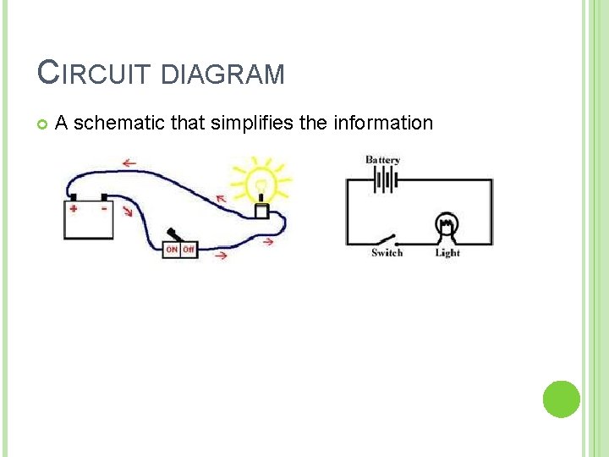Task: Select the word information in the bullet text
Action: [x=382, y=124]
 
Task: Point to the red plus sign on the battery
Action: [x=74, y=208]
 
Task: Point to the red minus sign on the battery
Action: [x=103, y=207]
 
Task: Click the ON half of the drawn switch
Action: [x=172, y=250]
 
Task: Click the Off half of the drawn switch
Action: [x=189, y=250]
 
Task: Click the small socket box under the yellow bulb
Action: [x=262, y=210]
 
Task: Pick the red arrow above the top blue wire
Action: [x=130, y=162]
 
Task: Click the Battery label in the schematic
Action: [x=383, y=160]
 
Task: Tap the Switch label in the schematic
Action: [x=387, y=252]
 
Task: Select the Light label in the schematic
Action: [x=447, y=252]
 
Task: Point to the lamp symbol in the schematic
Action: [x=446, y=226]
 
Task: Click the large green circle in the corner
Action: [x=561, y=399]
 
